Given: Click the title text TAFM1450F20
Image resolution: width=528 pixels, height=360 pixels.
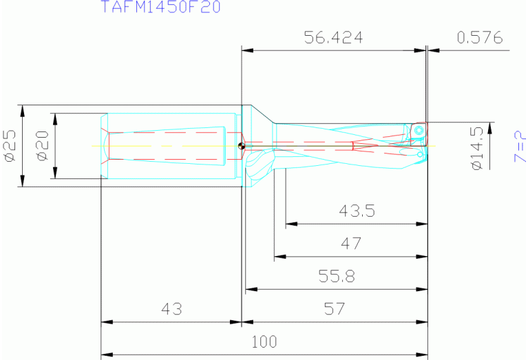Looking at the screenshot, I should tap(160, 8).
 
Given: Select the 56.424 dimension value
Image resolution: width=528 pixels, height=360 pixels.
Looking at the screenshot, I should tap(333, 37).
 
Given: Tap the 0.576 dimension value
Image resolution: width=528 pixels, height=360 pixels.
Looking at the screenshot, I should tap(480, 37).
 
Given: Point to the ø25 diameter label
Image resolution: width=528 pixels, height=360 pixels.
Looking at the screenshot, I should tap(10, 147).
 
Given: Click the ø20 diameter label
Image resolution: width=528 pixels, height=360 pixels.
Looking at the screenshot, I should tap(42, 147).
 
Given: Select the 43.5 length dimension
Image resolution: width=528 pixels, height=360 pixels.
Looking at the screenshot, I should tap(357, 211).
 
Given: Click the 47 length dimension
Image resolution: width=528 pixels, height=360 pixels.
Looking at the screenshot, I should tap(351, 244).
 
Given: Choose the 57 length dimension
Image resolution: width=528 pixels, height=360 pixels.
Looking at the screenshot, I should tap(334, 309).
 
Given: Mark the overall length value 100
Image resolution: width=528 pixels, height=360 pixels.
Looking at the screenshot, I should tap(264, 342).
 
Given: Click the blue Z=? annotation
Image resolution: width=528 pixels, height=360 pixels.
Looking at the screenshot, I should tap(520, 146).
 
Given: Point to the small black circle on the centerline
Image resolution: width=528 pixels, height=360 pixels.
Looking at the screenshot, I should tap(240, 145).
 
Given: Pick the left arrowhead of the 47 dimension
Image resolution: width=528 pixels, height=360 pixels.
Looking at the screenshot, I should tap(278, 256).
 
